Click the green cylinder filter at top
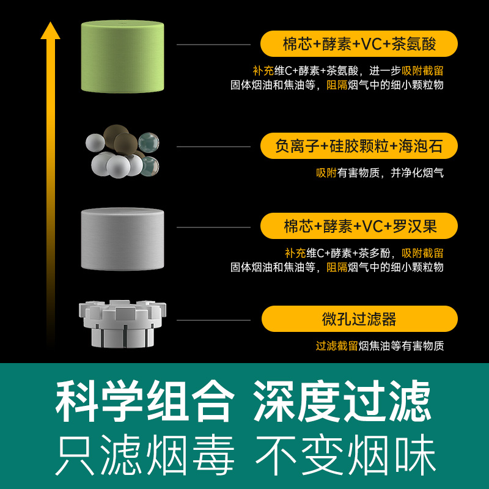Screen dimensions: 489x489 coord(123,56)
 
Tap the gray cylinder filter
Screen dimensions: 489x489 coord(123,238)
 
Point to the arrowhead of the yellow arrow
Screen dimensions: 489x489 coord(50,29)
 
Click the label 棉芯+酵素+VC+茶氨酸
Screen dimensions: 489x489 coord(359,44)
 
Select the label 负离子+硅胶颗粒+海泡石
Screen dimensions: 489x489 coord(359,146)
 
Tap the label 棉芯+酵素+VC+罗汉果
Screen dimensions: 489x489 coord(359,226)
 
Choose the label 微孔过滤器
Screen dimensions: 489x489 coord(359,319)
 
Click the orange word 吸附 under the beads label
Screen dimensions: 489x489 coord(326,173)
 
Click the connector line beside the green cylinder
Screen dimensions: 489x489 coord(213,45)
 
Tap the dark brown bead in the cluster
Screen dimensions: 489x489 coord(125,142)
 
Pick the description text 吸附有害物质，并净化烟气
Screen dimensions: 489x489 coord(380,173)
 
